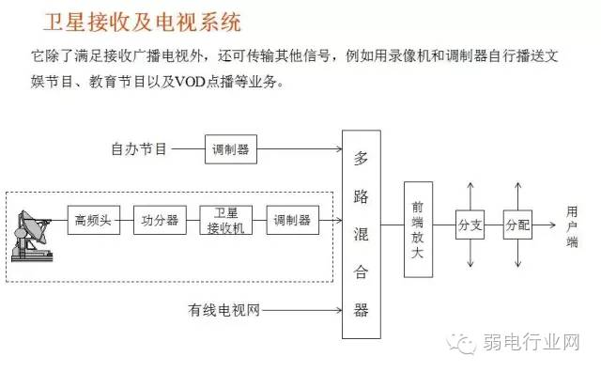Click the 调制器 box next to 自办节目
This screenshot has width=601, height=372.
point(230,148)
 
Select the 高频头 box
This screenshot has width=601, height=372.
point(93,221)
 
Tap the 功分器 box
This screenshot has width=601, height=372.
point(160,221)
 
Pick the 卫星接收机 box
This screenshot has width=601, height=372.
point(226,221)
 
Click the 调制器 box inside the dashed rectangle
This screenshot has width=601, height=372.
point(292,221)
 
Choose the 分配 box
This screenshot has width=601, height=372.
point(517,225)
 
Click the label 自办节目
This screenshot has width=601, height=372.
point(138,148)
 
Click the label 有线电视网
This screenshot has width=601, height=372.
point(223,309)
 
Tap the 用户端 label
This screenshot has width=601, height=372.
point(573,225)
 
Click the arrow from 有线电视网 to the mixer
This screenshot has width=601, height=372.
point(300,309)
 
